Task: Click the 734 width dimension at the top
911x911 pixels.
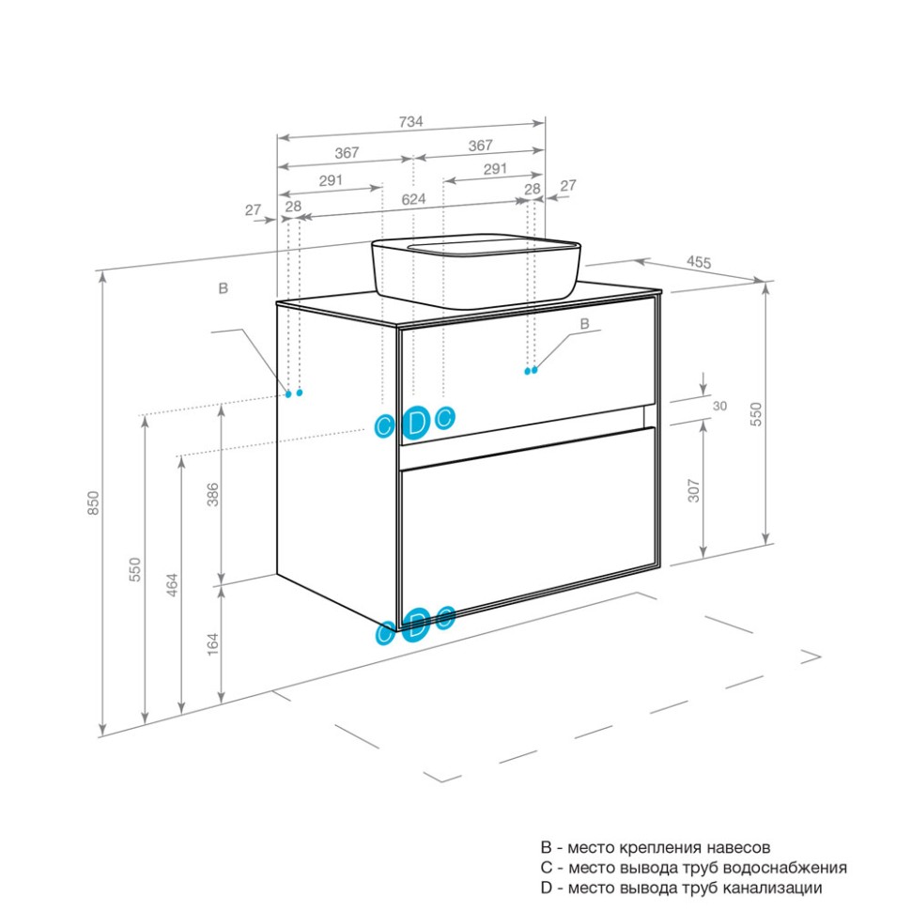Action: [x=410, y=122]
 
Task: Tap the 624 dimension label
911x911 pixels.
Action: [x=413, y=199]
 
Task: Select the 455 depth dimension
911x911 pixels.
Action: [x=699, y=262]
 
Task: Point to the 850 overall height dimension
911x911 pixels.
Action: [x=94, y=502]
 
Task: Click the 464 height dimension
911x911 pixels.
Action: [x=172, y=585]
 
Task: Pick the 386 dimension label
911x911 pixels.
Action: [x=213, y=494]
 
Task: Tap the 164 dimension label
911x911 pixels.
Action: [x=213, y=644]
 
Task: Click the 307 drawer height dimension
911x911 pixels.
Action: [x=694, y=490]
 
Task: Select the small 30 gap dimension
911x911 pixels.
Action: [x=719, y=406]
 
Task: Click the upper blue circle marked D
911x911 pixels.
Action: [x=416, y=423]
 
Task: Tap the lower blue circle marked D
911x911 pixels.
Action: [x=416, y=625]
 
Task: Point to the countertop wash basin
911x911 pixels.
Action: [x=475, y=270]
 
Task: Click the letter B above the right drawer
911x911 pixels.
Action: [x=585, y=324]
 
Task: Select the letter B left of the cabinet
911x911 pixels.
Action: [x=224, y=288]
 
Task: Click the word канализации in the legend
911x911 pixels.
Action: [x=772, y=888]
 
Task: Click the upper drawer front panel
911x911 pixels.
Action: [x=528, y=371]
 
